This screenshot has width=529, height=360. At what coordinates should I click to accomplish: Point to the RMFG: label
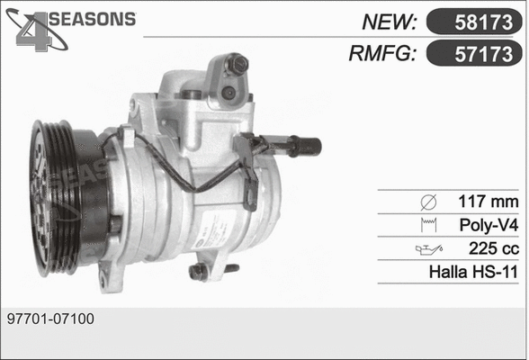pyautogui.click(x=381, y=54)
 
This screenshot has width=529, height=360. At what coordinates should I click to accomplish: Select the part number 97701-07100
pyautogui.click(x=50, y=319)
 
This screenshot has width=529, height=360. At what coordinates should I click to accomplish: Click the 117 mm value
pyautogui.click(x=488, y=200)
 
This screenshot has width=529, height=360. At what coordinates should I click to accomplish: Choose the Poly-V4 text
pyautogui.click(x=489, y=223)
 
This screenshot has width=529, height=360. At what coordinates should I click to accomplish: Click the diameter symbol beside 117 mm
pyautogui.click(x=427, y=200)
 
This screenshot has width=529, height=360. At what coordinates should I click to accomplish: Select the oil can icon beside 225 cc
pyautogui.click(x=425, y=247)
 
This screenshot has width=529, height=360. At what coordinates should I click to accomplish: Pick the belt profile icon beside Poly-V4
pyautogui.click(x=427, y=223)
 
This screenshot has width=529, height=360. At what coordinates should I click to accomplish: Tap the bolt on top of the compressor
pyautogui.click(x=238, y=64)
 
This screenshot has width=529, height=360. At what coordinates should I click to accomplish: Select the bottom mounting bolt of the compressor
pyautogui.click(x=200, y=269)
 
